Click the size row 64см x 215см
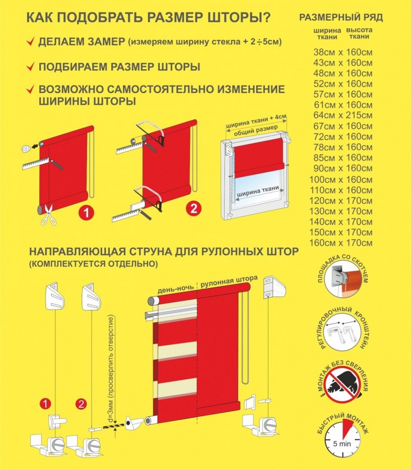click(342, 115)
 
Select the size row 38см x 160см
click(342, 52)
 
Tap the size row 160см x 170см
click(342, 243)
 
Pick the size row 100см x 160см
click(342, 179)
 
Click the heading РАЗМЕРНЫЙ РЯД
click(341, 18)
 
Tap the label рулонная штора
click(229, 282)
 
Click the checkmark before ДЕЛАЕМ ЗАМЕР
click(30, 42)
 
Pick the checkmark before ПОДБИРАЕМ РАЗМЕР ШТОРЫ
click(30, 67)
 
